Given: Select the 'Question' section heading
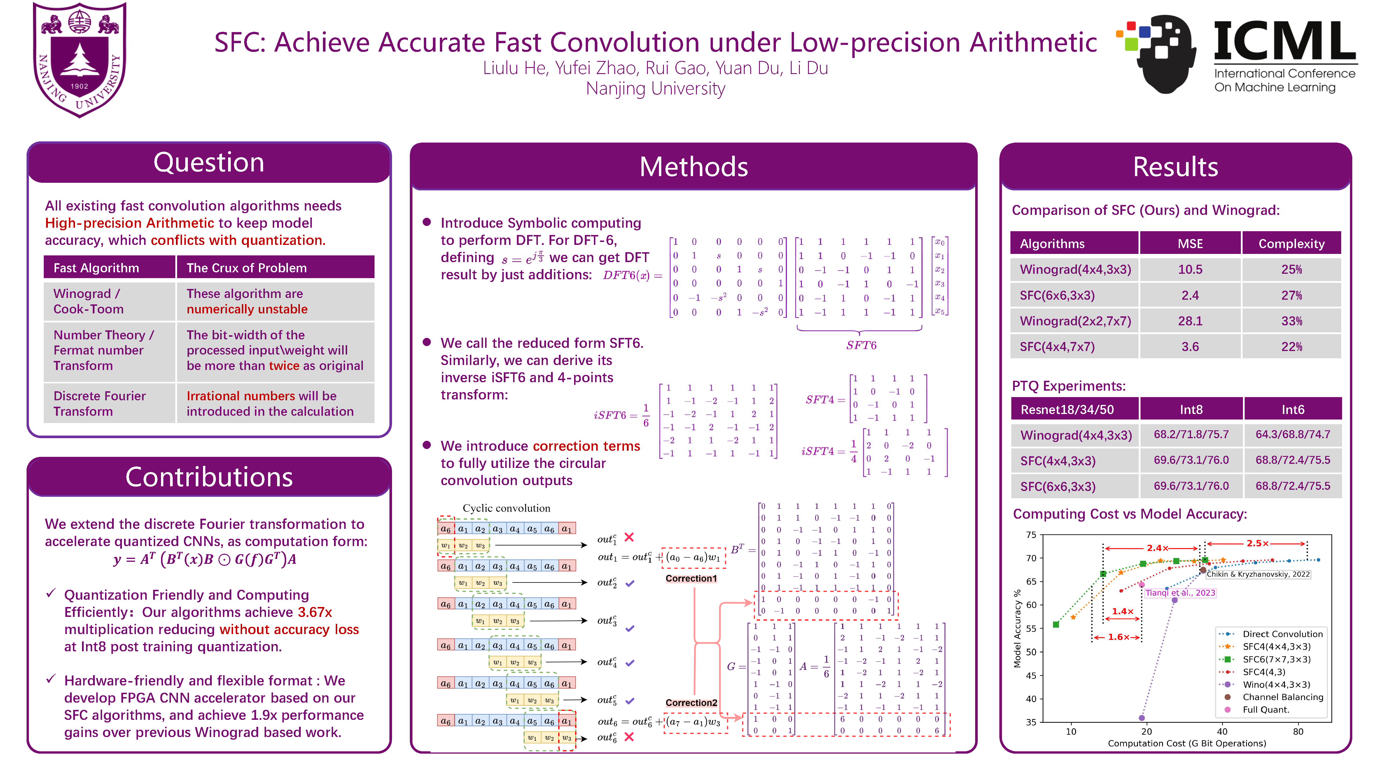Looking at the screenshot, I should click(209, 162).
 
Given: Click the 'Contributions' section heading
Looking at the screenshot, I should click(209, 477).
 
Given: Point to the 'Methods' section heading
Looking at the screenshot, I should click(693, 167).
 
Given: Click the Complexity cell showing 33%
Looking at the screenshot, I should click(1291, 321).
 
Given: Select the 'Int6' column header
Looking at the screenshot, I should click(1292, 410).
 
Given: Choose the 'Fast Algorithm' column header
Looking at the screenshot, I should click(97, 268).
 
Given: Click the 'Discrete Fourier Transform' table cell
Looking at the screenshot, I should click(100, 404).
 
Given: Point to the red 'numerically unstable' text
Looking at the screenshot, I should click(247, 310).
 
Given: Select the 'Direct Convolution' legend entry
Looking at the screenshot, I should click(1282, 634).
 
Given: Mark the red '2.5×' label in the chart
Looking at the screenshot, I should click(1257, 543).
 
